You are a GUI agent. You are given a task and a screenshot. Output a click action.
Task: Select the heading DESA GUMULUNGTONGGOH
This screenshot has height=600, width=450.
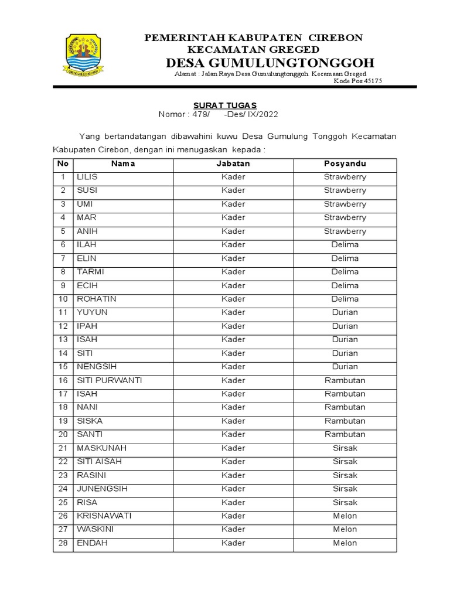[270, 63]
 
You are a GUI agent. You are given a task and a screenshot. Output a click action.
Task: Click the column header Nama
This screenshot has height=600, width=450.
[123, 163]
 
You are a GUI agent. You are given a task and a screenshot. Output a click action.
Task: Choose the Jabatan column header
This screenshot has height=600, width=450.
[233, 163]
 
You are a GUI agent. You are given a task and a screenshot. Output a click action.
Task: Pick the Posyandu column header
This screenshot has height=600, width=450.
[345, 163]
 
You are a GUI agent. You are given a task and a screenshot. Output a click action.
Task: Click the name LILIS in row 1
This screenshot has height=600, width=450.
[87, 177]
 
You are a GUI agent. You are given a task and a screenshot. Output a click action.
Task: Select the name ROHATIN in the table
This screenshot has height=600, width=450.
[97, 299]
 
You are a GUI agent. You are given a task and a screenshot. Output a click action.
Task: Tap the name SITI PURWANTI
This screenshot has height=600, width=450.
[110, 380]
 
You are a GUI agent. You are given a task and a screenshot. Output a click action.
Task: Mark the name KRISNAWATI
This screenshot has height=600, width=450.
[104, 516]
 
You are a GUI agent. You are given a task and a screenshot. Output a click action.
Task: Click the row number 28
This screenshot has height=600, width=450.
[63, 543]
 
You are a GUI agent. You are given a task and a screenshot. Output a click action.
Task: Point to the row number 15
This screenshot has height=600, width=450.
[63, 367]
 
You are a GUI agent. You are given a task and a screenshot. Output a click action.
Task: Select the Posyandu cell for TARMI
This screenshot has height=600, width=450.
[345, 272]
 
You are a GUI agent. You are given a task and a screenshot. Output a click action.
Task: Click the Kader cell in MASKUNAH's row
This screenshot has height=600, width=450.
[233, 448]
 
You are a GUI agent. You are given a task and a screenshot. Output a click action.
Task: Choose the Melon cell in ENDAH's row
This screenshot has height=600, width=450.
[345, 543]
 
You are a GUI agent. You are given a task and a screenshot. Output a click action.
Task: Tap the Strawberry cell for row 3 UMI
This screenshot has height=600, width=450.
[345, 204]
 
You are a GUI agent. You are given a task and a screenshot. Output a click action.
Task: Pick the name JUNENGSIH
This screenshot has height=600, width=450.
[102, 489]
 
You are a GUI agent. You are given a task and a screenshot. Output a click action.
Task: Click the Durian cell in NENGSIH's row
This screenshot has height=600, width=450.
[345, 367]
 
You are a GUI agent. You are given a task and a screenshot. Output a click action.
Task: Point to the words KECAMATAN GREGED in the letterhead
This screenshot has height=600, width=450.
[253, 49]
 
